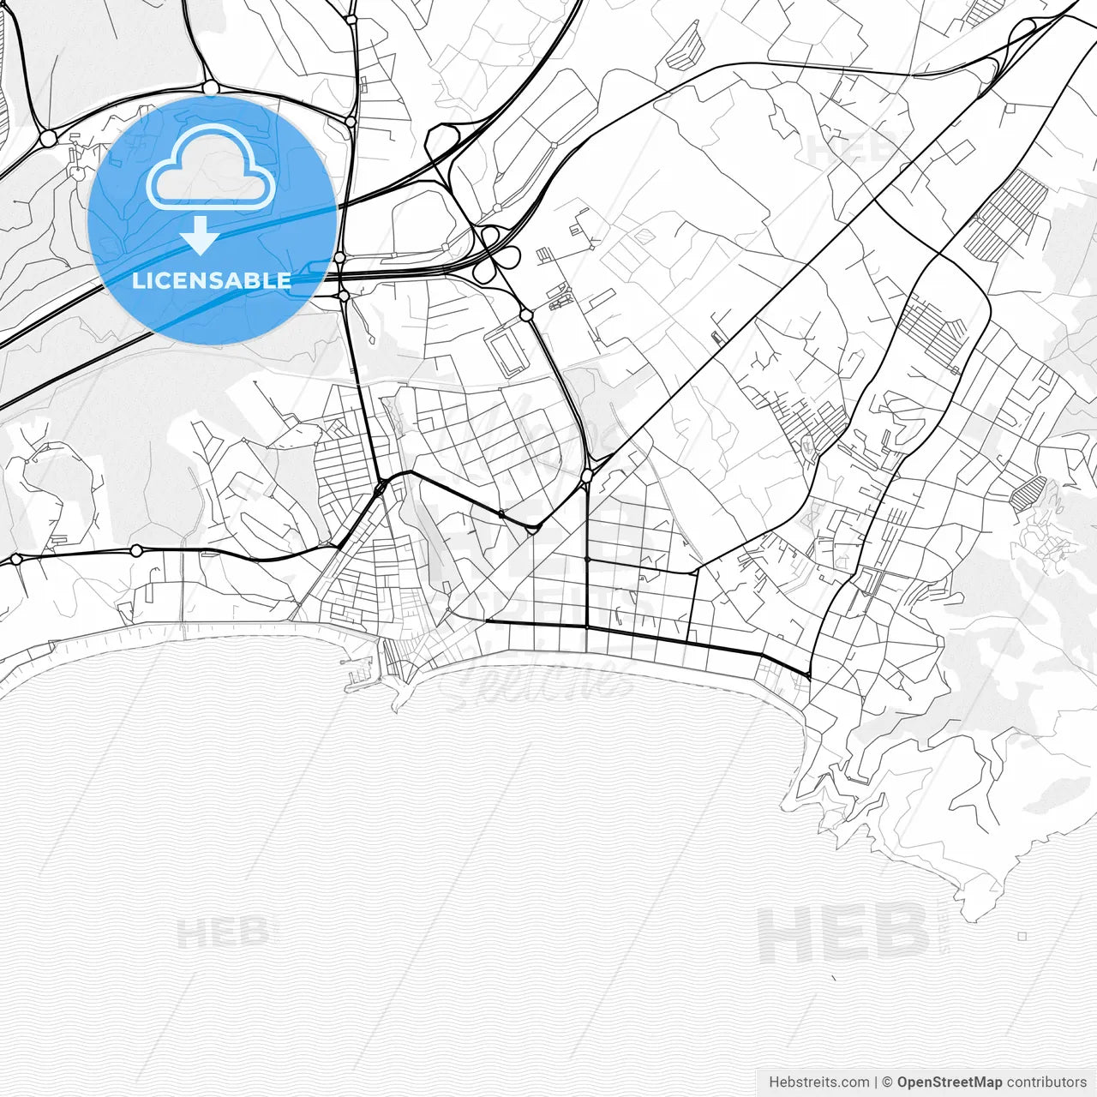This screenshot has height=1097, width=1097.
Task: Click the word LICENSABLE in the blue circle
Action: tap(212, 280)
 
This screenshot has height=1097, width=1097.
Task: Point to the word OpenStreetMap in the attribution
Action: tap(949, 1082)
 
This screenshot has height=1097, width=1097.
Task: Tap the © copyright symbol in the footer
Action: tap(888, 1082)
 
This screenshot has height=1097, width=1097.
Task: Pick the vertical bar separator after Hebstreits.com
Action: tap(876, 1082)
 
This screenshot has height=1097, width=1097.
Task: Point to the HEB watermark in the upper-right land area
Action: tap(853, 150)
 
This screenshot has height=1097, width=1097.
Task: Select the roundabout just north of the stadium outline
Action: tap(525, 315)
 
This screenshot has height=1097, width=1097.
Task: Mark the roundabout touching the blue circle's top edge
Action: tap(210, 87)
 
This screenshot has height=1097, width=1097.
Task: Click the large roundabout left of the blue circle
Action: tap(48, 137)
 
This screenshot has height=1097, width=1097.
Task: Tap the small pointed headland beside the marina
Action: tap(397, 703)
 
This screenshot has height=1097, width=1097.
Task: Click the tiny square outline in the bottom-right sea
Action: tap(1022, 937)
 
